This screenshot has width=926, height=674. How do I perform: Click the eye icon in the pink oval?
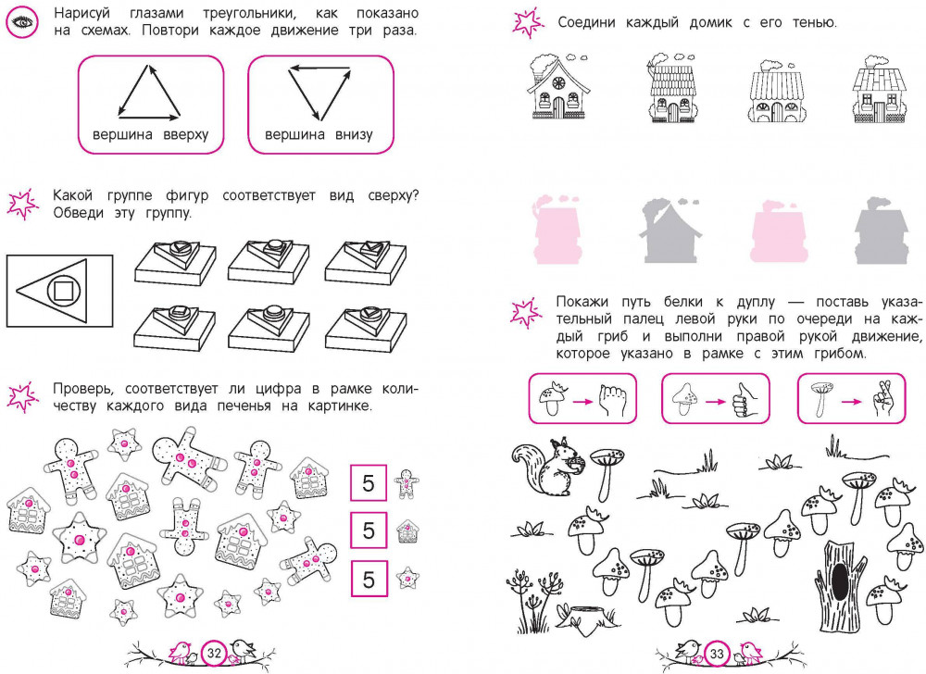coord(22,22)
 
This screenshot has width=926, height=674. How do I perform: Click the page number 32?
coord(214,653)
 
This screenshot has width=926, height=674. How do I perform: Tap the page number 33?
coord(717,654)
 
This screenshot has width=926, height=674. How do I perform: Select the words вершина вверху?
coord(151,134)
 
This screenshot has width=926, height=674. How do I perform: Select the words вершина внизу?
coord(319,134)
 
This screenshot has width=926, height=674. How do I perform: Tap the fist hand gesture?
coord(612,400)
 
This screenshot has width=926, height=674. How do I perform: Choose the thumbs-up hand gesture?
coord(745,400)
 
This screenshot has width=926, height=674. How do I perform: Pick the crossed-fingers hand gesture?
coord(883,398)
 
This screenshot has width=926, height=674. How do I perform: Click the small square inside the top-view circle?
coord(62,291)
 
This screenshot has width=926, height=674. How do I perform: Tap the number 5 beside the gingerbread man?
coord(369,483)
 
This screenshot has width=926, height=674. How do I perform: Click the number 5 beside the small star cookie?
coord(369,579)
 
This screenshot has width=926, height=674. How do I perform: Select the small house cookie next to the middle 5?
coord(407,531)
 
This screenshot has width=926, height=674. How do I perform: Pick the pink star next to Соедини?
coord(528,22)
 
